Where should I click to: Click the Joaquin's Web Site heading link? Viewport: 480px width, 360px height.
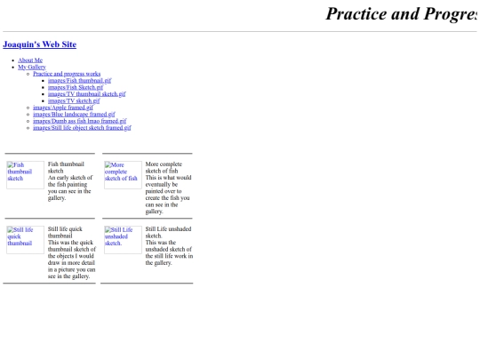(40, 44)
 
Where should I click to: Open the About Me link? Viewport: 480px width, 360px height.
(30, 60)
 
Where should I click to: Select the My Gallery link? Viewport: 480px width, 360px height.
(31, 67)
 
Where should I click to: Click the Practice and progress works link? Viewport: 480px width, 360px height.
(67, 74)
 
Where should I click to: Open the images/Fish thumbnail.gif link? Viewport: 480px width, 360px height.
(79, 80)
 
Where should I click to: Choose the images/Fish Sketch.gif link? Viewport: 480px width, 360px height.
(76, 87)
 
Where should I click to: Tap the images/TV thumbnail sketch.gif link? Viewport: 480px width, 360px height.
(86, 93)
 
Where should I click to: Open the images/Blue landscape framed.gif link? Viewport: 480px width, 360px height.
(74, 114)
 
